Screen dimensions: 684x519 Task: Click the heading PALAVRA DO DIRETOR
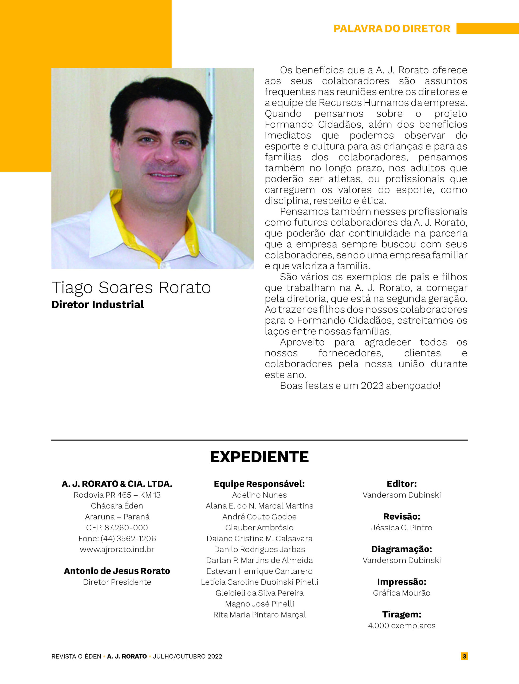391,28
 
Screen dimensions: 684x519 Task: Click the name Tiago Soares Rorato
131,287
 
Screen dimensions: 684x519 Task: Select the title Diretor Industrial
98,305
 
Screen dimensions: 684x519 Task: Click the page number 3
464,656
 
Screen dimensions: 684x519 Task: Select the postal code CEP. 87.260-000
117,527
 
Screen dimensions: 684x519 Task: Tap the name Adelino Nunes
259,495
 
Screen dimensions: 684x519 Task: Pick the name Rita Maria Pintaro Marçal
259,615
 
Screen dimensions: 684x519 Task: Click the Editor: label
402,484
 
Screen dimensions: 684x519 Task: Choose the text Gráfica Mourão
402,593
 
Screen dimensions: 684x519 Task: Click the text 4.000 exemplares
402,625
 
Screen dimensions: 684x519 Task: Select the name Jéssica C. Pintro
402,527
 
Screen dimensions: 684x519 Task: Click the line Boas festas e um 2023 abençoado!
360,386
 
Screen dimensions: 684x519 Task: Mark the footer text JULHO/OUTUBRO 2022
187,656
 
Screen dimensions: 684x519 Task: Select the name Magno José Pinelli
259,604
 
